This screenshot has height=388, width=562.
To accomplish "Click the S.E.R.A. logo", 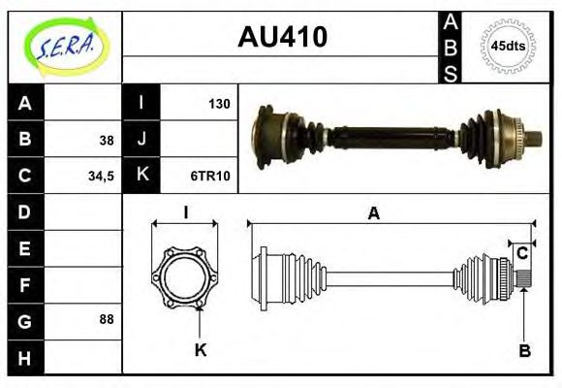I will (x=64, y=46).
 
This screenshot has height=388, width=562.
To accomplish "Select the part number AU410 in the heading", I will (x=282, y=37).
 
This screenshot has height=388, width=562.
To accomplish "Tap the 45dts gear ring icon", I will (x=508, y=46).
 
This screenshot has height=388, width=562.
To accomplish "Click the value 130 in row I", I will (x=219, y=103).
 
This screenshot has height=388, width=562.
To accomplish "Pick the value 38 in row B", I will (x=106, y=140).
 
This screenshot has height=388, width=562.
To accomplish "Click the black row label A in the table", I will (x=25, y=104).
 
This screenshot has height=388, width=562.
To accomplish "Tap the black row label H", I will (x=25, y=357).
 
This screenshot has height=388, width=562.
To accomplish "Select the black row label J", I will (x=141, y=140).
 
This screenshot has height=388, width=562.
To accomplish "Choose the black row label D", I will (x=25, y=211).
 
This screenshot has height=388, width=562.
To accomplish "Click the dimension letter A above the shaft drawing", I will (x=373, y=214).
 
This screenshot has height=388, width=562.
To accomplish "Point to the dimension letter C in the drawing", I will (x=522, y=253).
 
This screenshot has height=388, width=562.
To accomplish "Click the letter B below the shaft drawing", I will (x=524, y=350).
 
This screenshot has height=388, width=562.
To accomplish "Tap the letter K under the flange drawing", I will (x=201, y=350).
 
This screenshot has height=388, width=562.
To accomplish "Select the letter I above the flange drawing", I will (x=185, y=212).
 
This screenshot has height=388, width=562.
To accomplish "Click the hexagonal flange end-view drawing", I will (x=184, y=276).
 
